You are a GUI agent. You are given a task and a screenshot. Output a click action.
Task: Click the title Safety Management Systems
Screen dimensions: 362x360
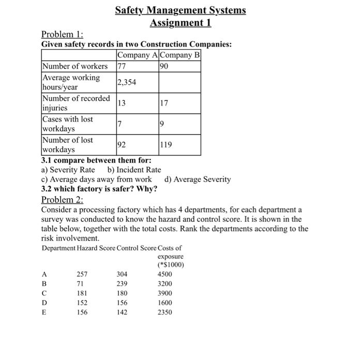tap(180, 10)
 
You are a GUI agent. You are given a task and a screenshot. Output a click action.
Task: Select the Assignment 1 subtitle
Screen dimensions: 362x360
tap(180, 23)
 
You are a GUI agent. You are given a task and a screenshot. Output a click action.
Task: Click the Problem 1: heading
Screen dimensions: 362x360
tap(62, 35)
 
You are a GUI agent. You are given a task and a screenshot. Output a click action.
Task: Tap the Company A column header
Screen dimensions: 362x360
tap(138, 56)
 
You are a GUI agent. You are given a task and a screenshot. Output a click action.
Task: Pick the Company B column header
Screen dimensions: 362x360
tap(181, 56)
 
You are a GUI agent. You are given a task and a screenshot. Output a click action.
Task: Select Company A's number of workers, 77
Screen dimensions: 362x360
tap(122, 66)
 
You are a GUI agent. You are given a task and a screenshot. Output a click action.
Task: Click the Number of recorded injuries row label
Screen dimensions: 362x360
tap(76, 103)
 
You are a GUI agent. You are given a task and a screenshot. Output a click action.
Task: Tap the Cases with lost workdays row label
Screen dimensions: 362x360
tap(68, 124)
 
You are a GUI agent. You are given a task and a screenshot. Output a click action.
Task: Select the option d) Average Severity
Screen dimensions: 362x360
tap(197, 179)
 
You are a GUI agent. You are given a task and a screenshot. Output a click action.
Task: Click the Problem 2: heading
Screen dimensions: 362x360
tap(62, 200)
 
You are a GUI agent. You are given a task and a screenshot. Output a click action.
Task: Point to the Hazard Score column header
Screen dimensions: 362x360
tap(96, 248)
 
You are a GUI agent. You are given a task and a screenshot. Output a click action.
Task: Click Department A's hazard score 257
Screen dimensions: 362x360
tap(82, 274)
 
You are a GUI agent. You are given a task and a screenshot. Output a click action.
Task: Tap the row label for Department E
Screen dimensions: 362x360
tap(44, 312)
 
